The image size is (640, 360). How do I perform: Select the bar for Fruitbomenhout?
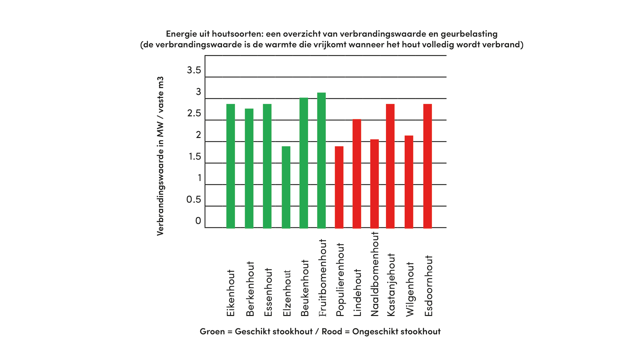pyautogui.click(x=321, y=160)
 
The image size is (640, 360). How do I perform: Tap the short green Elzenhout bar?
pyautogui.click(x=286, y=187)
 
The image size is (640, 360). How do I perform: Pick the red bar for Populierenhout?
pyautogui.click(x=339, y=187)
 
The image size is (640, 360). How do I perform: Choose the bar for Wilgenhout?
pyautogui.click(x=409, y=182)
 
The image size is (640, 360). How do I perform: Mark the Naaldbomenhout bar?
pyautogui.click(x=374, y=184)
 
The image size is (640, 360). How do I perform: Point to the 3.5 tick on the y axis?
pyautogui.click(x=194, y=70)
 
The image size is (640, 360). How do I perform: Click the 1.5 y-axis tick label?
pyautogui.click(x=195, y=156)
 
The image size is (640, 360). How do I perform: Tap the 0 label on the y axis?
pyautogui.click(x=198, y=221)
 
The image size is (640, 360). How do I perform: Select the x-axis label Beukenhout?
pyautogui.click(x=305, y=288)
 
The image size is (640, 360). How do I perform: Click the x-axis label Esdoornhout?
pyautogui.click(x=428, y=286)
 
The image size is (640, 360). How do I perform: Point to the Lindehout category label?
pyautogui.click(x=357, y=292)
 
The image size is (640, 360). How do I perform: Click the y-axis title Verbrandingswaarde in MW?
pyautogui.click(x=160, y=156)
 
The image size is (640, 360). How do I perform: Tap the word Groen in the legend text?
pyautogui.click(x=212, y=331)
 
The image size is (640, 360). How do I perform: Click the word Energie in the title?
pyautogui.click(x=181, y=34)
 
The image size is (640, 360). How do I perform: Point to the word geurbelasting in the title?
pyautogui.click(x=469, y=34)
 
